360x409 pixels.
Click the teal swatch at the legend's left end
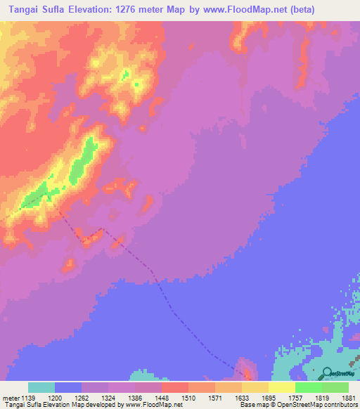coord(41,387)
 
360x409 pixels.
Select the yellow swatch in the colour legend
coord(281,387)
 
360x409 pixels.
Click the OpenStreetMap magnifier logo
coord(326,372)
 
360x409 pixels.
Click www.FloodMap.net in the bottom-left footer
coord(153,405)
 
